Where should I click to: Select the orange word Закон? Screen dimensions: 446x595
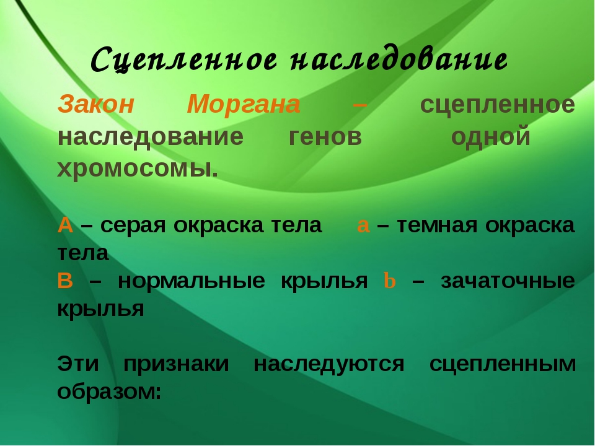click(96, 105)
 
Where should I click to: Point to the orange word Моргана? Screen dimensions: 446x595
click(244, 105)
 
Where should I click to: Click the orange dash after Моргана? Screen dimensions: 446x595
click(359, 105)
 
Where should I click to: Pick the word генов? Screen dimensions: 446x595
click(325, 136)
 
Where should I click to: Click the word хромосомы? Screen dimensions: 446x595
click(137, 168)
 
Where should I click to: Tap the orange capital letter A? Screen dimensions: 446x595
click(65, 225)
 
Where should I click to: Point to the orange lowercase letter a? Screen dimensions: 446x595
click(364, 225)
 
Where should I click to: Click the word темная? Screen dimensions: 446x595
click(436, 225)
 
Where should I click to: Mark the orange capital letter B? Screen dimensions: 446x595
click(65, 281)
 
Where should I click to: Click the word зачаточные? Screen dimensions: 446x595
click(508, 281)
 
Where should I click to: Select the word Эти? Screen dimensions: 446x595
click(77, 364)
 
